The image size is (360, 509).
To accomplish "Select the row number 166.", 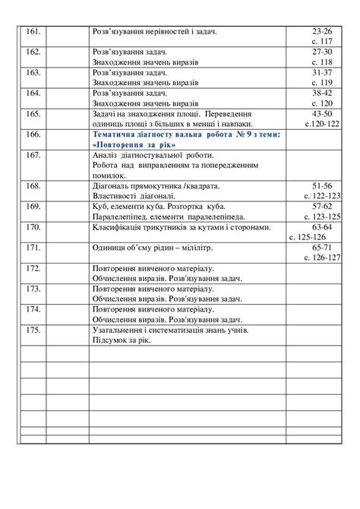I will point(33,134).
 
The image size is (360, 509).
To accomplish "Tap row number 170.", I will point(33,227).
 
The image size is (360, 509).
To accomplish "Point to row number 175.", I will point(33,330).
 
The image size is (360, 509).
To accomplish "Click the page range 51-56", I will point(323,185).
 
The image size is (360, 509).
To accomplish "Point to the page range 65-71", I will point(323,248).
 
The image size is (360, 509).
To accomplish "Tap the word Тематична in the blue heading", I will point(111,134).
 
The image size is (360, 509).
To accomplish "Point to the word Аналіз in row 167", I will point(106,154).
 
